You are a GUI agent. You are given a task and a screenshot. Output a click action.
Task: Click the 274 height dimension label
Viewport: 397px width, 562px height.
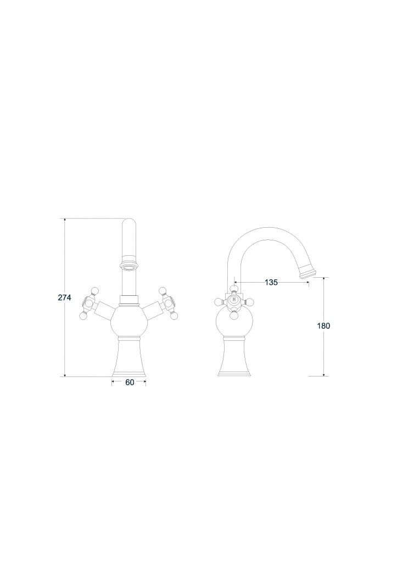(x=65, y=297)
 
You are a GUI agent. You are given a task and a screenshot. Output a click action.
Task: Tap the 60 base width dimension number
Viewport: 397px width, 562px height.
(x=130, y=383)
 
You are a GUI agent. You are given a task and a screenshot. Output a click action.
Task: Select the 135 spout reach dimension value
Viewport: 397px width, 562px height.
(x=271, y=283)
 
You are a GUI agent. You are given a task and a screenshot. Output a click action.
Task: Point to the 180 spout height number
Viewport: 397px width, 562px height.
(x=323, y=326)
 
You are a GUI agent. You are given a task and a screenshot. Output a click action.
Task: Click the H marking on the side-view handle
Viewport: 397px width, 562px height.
(x=234, y=299)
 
